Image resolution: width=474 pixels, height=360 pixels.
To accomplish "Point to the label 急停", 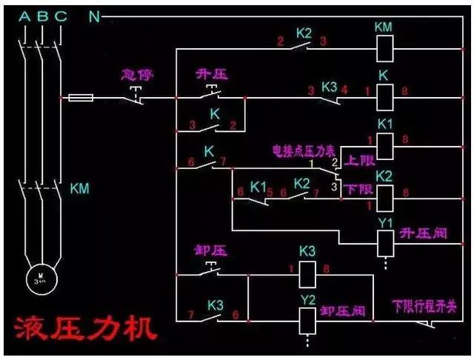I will pos(136,76).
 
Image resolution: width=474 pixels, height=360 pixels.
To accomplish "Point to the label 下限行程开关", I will pos(424,305).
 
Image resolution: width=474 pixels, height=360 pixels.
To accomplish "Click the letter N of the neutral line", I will pos(94,16).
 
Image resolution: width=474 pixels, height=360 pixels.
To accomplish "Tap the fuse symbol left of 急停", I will pos(81,97).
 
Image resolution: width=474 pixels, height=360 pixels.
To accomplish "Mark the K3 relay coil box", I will pos(307,276).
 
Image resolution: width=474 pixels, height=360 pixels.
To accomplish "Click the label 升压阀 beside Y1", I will pos(424,234).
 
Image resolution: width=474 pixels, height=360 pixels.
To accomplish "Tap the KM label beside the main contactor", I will pos(79,188).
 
